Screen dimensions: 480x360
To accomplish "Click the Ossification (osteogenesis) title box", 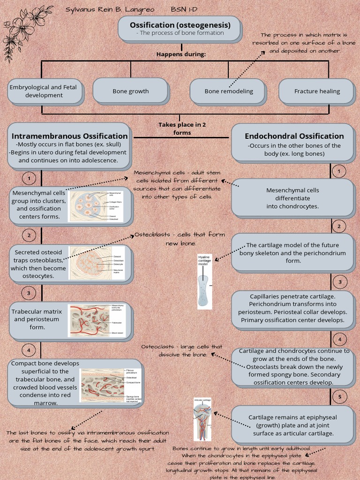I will click(180, 28).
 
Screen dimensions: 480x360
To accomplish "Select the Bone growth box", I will click(130, 91).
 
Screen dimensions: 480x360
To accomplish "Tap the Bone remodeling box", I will click(228, 91).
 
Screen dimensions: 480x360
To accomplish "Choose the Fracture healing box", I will click(317, 91).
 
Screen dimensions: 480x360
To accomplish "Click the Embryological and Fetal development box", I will click(44, 91).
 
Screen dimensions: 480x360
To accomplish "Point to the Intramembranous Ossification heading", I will click(69, 136).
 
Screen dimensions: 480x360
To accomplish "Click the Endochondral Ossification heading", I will click(294, 136).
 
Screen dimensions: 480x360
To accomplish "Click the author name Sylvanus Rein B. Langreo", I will click(110, 9).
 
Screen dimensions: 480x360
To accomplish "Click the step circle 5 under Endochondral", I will click(339, 397).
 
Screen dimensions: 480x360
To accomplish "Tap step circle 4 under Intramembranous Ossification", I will click(29, 350).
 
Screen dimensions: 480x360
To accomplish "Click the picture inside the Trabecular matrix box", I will click(97, 321).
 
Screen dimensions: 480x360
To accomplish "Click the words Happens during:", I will click(181, 54).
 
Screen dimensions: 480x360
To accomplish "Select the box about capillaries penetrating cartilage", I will click(292, 308).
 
